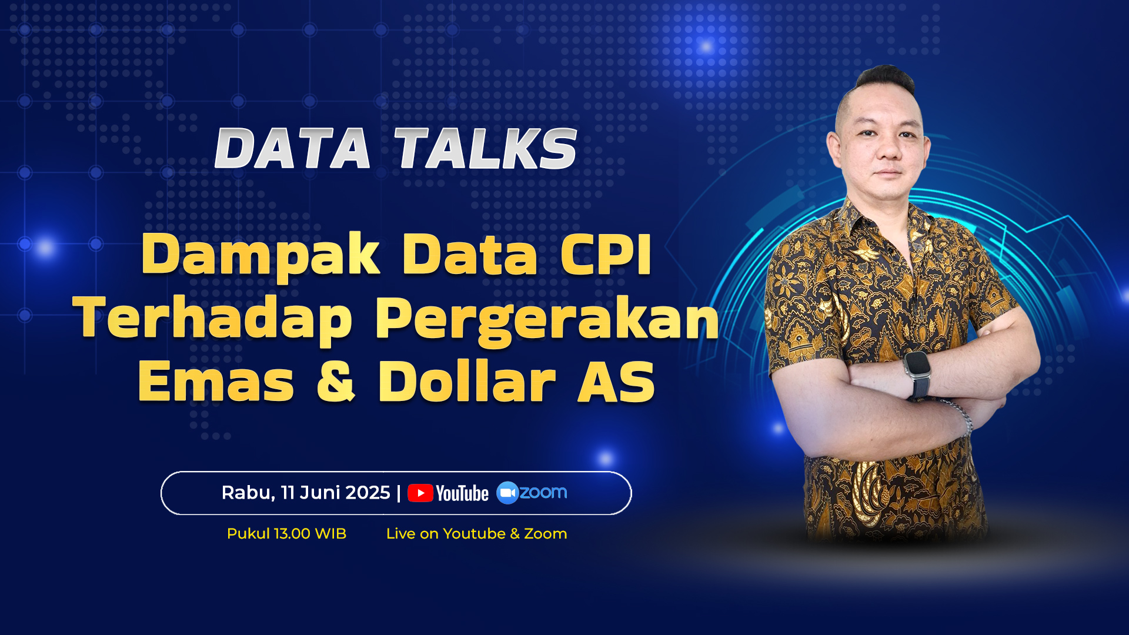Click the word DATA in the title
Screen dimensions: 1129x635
292,149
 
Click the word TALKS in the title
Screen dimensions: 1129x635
486,149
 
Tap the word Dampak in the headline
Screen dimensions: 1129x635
260,255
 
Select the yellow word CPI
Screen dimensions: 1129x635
606,254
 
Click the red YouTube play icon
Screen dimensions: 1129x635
420,493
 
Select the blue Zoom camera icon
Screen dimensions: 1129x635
507,493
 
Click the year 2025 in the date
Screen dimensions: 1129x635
368,493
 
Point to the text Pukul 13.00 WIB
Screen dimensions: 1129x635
286,534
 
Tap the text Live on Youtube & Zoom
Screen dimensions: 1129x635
476,534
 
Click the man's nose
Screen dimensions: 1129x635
888,150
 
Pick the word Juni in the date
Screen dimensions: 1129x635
322,493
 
